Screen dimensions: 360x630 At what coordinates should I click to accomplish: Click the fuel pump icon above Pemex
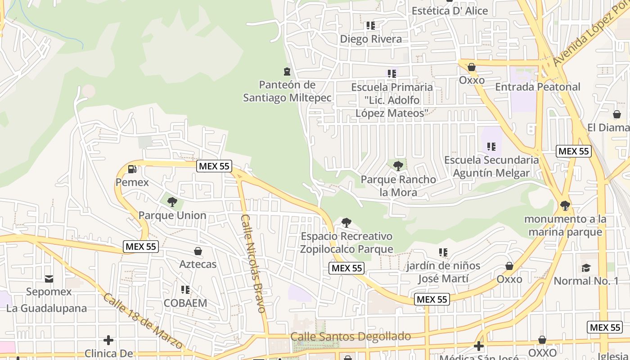click(x=132, y=169)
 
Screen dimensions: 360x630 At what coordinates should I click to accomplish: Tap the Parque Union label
click(x=172, y=215)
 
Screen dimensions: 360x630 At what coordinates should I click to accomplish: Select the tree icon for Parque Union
click(x=172, y=202)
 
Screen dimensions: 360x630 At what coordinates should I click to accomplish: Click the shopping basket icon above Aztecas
click(x=198, y=251)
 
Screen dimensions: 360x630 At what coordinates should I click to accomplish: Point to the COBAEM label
click(x=185, y=303)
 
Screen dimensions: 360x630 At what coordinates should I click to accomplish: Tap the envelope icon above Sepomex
click(x=49, y=279)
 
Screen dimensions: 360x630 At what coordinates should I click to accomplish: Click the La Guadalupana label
click(x=46, y=309)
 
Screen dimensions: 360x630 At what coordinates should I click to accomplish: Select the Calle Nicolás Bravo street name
click(x=253, y=263)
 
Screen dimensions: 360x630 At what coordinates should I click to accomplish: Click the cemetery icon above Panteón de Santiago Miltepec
click(x=287, y=72)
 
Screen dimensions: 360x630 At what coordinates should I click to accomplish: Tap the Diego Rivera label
click(x=371, y=39)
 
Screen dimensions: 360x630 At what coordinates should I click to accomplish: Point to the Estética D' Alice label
click(x=450, y=11)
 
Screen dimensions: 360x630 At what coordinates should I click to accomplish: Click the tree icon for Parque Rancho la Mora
click(x=398, y=166)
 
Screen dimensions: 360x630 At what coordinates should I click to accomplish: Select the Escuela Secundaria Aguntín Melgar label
click(x=491, y=166)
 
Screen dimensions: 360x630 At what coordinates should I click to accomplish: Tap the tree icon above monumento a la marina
click(x=565, y=206)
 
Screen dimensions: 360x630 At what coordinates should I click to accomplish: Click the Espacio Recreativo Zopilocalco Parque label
click(x=346, y=243)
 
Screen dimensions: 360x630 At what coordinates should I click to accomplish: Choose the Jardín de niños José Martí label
click(x=443, y=272)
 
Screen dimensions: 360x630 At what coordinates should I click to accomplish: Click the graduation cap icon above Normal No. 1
click(x=586, y=268)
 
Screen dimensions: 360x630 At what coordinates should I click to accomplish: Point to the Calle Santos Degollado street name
click(x=351, y=337)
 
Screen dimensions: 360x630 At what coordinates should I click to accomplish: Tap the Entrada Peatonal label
click(x=538, y=87)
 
